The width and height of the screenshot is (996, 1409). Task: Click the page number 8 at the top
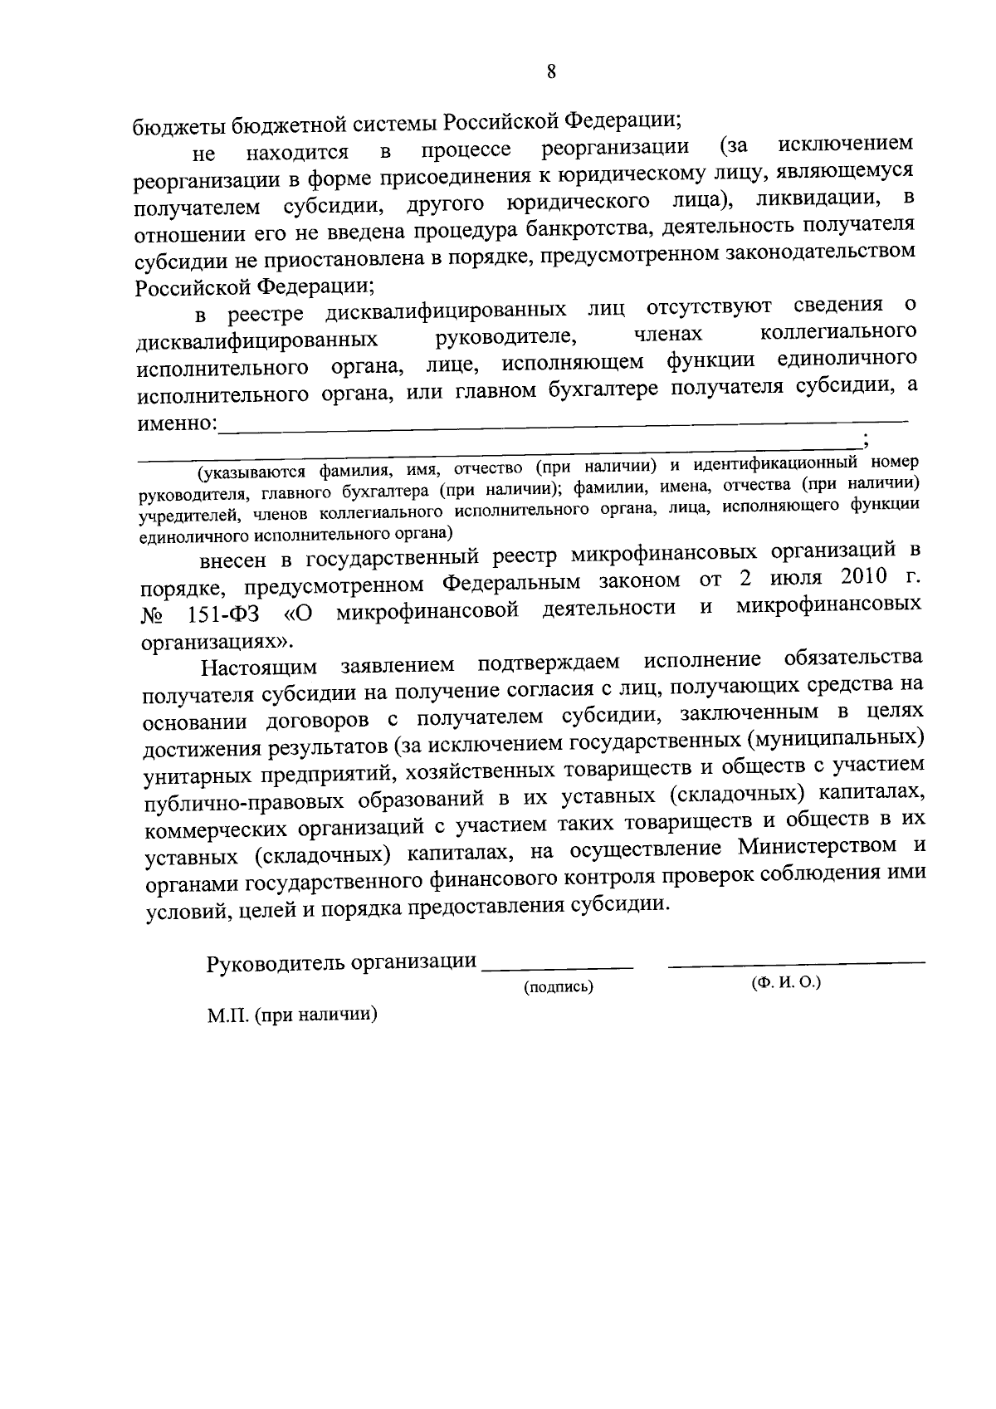(x=550, y=71)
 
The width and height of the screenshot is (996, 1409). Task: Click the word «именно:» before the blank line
(x=177, y=423)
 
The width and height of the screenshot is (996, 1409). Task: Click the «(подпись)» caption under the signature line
(x=558, y=987)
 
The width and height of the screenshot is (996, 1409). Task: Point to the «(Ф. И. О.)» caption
(x=785, y=983)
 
